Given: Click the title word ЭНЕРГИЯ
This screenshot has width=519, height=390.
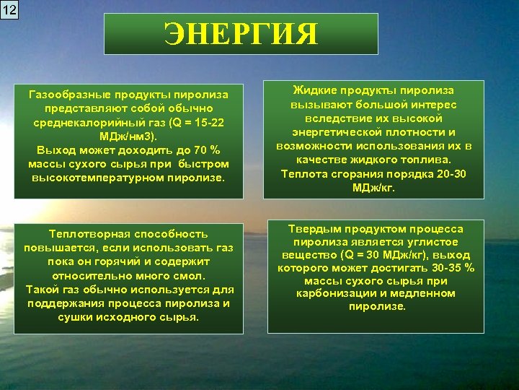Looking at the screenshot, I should [241, 33].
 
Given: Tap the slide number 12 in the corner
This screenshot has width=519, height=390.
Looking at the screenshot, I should [9, 9].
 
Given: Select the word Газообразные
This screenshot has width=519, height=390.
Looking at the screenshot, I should [63, 95].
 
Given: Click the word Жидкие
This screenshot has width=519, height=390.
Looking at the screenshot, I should [311, 91].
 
